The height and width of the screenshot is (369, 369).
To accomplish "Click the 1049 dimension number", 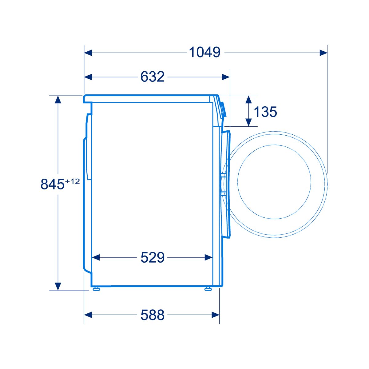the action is point(204,52).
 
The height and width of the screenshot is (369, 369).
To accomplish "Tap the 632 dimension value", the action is point(153,77).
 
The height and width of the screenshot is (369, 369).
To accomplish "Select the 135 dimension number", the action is point(265,112).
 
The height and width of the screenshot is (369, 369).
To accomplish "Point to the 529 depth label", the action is point(153,258).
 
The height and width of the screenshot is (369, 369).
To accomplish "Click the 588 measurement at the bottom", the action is point(153,315).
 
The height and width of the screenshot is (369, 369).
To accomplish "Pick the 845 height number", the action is point(52,184).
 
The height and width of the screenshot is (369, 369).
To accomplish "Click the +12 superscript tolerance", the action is point(73,181).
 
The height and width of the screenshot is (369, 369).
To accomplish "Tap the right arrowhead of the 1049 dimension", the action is point(323,53).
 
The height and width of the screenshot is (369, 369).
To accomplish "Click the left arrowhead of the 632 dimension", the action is point(88,77).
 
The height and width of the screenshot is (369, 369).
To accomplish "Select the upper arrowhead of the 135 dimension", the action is point(248,99).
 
